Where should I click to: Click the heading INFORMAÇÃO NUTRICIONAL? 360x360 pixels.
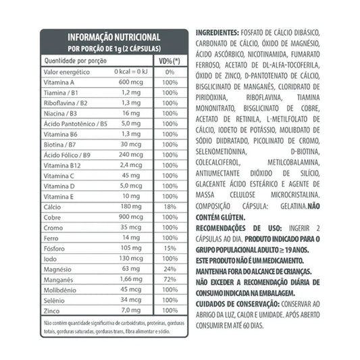(113, 37)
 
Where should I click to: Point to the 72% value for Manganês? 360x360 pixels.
(170, 279)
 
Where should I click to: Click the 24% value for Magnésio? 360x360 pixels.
(170, 268)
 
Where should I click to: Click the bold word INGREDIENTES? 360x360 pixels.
(217, 32)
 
